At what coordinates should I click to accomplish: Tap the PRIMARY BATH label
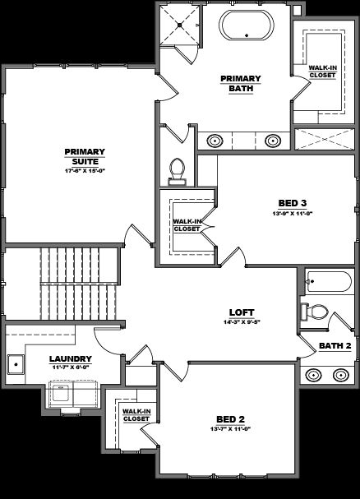pyautogui.click(x=240, y=84)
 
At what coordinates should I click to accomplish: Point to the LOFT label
pyautogui.click(x=242, y=312)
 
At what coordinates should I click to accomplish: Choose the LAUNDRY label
pyautogui.click(x=69, y=358)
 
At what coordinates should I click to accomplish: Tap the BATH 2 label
pyautogui.click(x=335, y=346)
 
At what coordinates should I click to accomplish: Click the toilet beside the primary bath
pyautogui.click(x=177, y=169)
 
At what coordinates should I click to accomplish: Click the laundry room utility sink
pyautogui.click(x=15, y=363)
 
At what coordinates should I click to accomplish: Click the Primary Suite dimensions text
pyautogui.click(x=85, y=171)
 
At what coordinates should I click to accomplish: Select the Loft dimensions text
pyautogui.click(x=242, y=323)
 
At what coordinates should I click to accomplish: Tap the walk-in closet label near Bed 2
pyautogui.click(x=136, y=414)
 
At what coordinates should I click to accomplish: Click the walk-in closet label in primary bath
pyautogui.click(x=321, y=72)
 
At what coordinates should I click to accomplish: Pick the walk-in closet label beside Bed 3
pyautogui.click(x=187, y=224)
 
